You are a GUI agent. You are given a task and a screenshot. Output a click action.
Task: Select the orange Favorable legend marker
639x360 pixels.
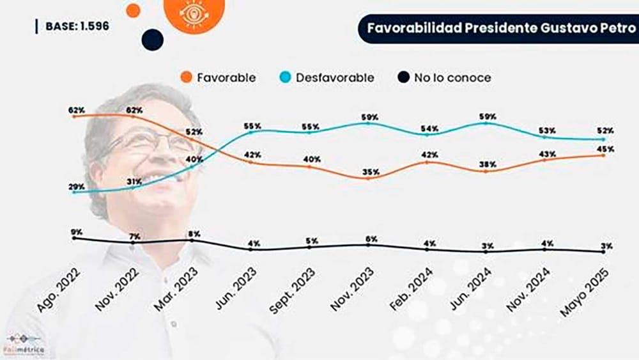pos(187,77)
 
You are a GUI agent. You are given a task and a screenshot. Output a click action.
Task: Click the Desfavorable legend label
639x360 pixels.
pos(335,77)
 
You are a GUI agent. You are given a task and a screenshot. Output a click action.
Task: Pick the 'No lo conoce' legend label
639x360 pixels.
pos(452,77)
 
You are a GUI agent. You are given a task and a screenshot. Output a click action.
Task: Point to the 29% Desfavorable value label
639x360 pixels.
pos(77,186)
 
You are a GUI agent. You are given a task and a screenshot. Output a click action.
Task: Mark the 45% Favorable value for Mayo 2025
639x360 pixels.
pos(605,149)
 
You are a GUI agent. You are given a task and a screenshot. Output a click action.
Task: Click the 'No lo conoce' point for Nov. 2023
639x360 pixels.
pos(368,245)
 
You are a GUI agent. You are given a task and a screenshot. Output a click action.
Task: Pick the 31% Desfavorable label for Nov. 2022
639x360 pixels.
pos(134,182)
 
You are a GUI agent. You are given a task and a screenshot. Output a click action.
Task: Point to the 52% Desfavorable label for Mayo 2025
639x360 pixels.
pos(605,130)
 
